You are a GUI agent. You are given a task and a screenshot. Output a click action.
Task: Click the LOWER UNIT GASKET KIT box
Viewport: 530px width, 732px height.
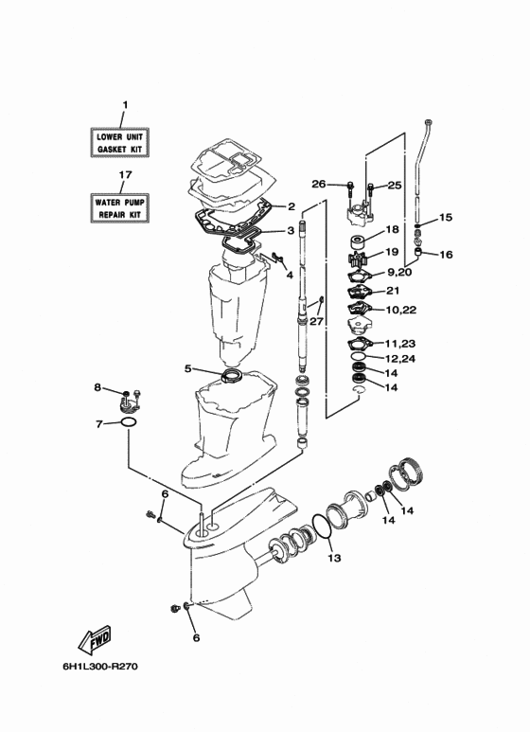(119, 142)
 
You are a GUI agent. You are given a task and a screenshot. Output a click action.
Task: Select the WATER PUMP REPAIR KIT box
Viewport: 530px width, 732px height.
(119, 207)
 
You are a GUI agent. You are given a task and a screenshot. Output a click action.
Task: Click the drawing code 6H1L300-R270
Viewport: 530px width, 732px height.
(100, 666)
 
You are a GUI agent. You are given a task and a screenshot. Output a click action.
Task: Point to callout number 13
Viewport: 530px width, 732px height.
(334, 558)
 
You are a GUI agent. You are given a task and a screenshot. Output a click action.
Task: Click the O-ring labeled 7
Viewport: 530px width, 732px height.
(129, 422)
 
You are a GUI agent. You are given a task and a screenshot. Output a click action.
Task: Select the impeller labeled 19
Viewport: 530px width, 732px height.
(358, 259)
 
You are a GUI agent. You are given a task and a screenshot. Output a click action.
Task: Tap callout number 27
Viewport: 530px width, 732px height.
(316, 321)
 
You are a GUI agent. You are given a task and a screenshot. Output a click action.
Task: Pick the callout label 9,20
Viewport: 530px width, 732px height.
(398, 272)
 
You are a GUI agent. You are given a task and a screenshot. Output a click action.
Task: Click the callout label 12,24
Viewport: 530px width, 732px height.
(400, 359)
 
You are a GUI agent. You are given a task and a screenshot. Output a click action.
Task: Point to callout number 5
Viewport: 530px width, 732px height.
(188, 368)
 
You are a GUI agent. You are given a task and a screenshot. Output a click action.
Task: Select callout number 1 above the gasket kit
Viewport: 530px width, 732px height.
(125, 105)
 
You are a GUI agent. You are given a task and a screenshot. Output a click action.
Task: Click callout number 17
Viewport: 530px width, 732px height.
(125, 174)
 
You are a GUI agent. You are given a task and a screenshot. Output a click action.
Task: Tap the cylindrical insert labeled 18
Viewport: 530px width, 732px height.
(359, 242)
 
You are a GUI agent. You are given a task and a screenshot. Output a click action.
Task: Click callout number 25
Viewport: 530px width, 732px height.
(395, 185)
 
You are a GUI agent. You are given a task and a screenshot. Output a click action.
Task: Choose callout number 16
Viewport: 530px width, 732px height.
(446, 255)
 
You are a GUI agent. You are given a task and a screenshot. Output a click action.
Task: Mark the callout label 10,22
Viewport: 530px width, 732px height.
(401, 310)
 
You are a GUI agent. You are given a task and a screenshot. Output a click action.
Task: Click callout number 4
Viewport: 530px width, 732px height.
(290, 275)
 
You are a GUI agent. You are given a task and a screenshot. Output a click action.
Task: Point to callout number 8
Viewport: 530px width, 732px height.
(97, 387)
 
